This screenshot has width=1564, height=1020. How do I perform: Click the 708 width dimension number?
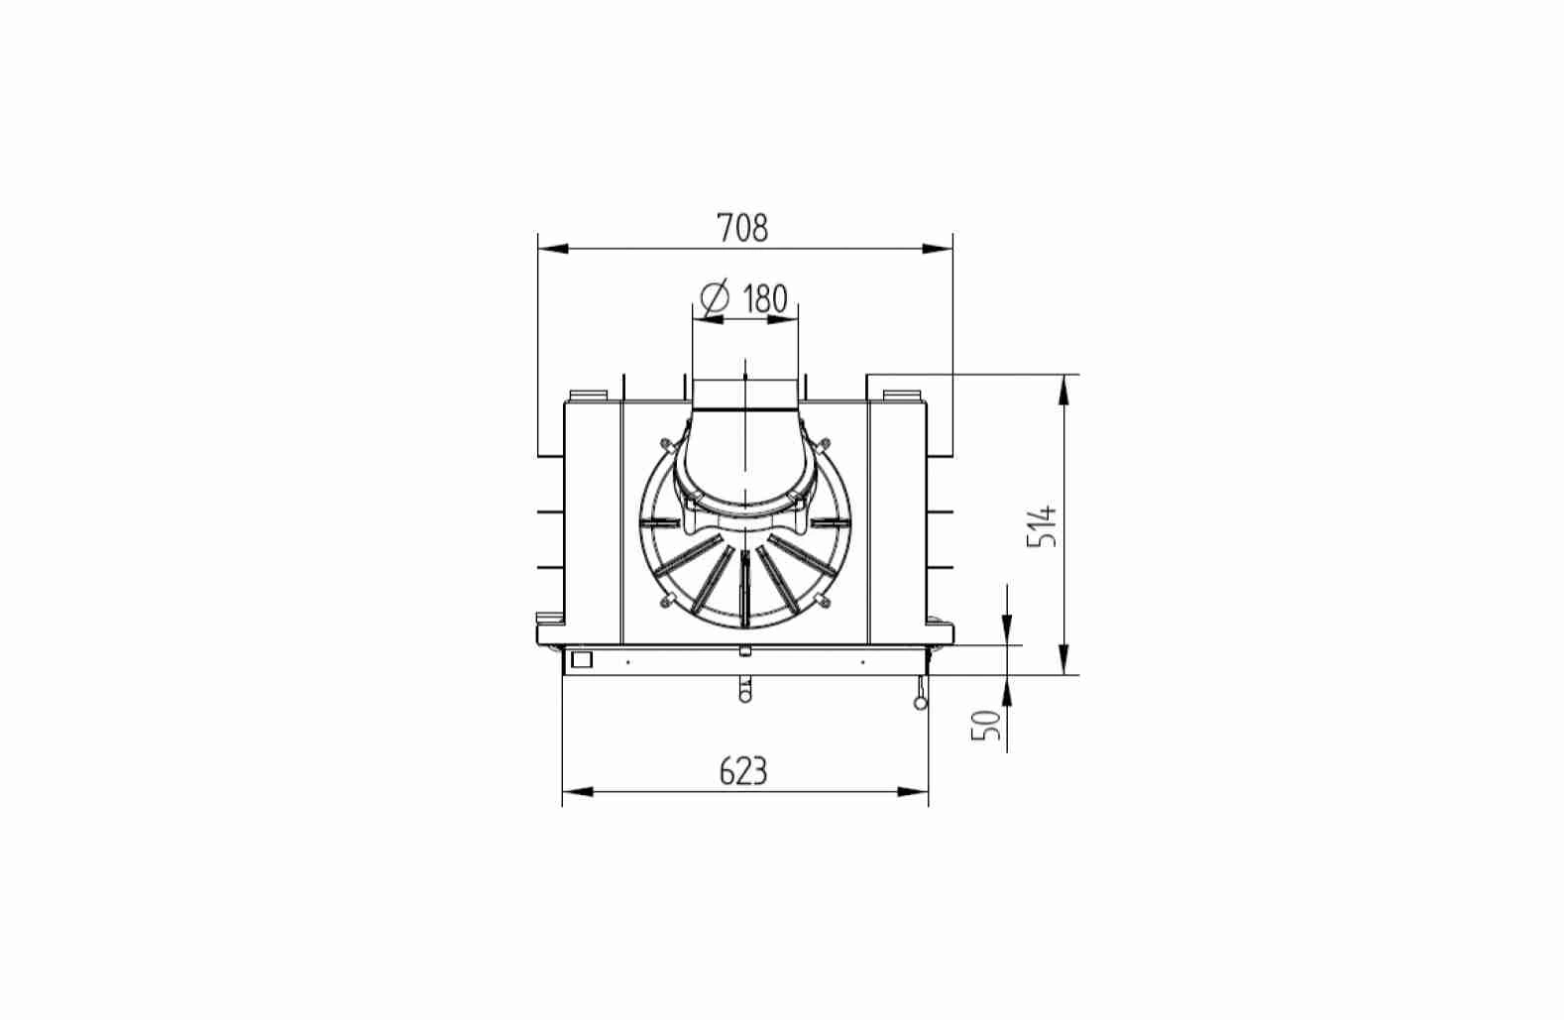(743, 228)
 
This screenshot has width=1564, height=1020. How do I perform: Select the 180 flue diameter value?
(764, 298)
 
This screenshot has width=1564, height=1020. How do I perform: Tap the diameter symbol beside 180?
(715, 298)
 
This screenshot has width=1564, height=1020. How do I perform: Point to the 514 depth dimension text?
(1042, 525)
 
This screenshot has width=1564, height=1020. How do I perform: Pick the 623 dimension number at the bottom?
(743, 771)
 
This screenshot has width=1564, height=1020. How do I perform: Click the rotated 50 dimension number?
(986, 725)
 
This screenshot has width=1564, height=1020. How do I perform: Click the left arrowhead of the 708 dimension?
(553, 249)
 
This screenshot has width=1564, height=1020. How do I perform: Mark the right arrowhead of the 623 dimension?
(913, 792)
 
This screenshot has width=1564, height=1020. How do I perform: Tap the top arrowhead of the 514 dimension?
(1063, 390)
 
